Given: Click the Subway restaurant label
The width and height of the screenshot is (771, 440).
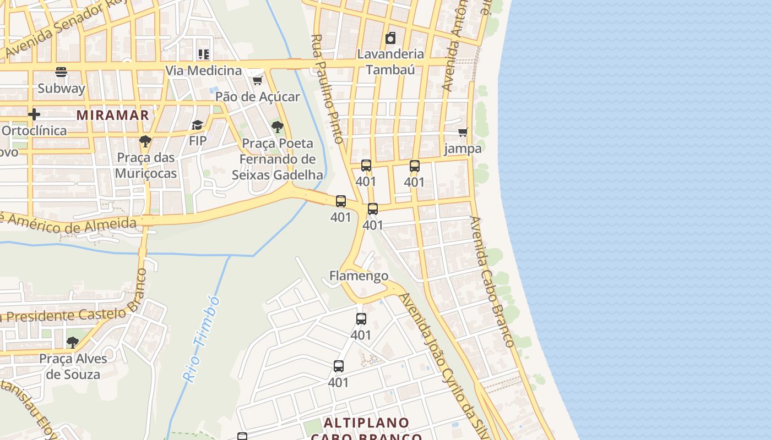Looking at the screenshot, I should (x=61, y=88).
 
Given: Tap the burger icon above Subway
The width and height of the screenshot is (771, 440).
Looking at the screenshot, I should (x=61, y=72).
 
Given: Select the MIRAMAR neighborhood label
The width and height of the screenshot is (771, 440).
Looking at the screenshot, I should (x=113, y=115).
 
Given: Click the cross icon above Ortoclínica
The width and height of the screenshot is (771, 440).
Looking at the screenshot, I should (x=34, y=114).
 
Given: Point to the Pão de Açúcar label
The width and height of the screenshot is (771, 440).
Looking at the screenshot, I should (x=257, y=97).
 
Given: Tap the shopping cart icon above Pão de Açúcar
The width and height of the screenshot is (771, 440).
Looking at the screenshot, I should (x=257, y=81).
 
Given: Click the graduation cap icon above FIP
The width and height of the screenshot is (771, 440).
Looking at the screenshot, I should (x=198, y=125).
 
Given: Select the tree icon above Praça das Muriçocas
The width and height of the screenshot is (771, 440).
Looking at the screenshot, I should (x=145, y=142).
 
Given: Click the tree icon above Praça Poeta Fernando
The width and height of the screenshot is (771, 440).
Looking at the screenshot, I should (x=278, y=128).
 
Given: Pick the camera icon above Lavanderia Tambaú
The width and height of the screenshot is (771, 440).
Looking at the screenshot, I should (x=390, y=38).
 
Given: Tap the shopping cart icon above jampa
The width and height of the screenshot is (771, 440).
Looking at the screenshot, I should (x=463, y=132).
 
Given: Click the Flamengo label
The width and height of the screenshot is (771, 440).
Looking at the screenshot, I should (x=359, y=276).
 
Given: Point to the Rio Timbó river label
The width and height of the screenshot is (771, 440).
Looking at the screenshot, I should (x=201, y=339).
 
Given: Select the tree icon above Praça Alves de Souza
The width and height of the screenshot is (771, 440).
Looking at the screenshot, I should (x=73, y=343).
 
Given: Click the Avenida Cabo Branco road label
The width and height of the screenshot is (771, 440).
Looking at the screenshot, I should (x=492, y=282).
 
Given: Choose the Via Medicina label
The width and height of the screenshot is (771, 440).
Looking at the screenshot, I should (x=204, y=70).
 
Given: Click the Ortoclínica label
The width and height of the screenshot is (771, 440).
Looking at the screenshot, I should (x=34, y=130).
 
